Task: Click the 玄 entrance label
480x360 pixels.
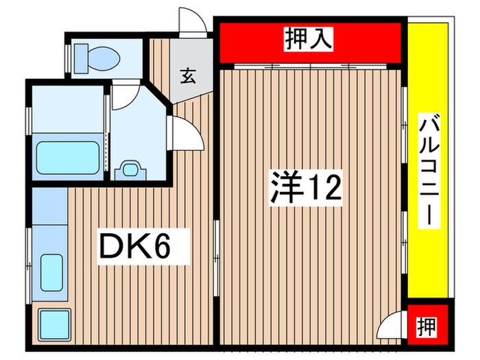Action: point(187,75)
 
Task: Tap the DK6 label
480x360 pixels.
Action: point(134,247)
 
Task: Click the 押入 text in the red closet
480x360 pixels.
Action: point(309,40)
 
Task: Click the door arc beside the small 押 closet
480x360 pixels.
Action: point(392,324)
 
